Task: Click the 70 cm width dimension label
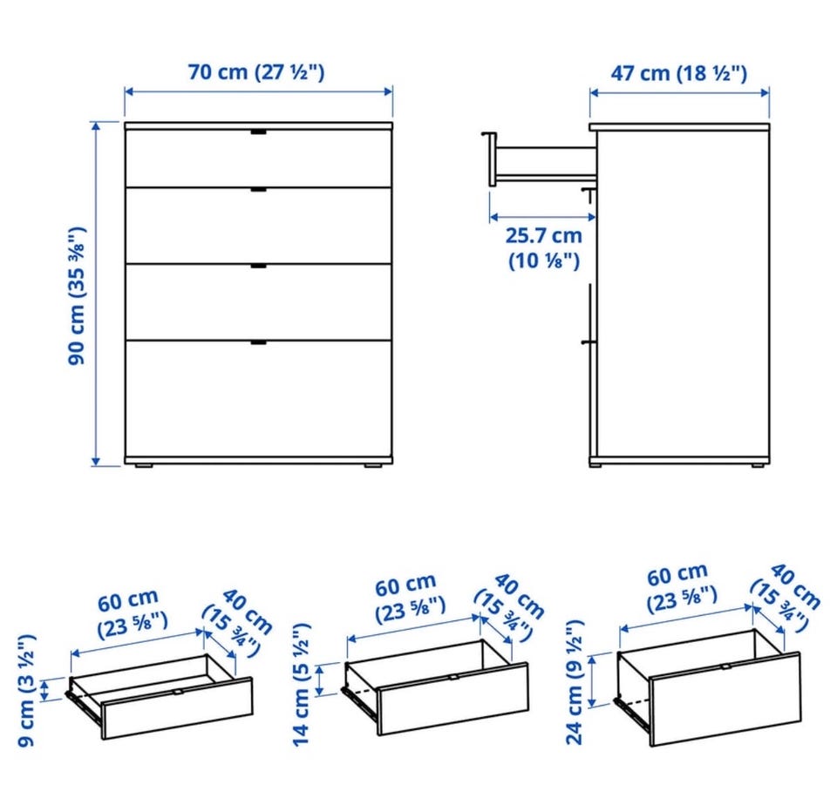click(256, 71)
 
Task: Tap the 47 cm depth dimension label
click(678, 72)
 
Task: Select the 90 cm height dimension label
click(77, 295)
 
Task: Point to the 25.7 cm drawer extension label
click(543, 248)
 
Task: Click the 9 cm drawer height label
click(26, 690)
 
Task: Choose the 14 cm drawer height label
click(301, 685)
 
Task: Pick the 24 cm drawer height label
click(575, 682)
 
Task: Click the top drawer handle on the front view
click(258, 132)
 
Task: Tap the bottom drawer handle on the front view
click(258, 342)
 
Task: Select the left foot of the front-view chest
click(144, 465)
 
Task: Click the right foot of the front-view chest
click(373, 465)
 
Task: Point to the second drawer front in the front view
click(258, 225)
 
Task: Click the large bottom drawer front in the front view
click(258, 398)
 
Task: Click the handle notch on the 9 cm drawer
click(178, 692)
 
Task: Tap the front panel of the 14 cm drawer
click(453, 699)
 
